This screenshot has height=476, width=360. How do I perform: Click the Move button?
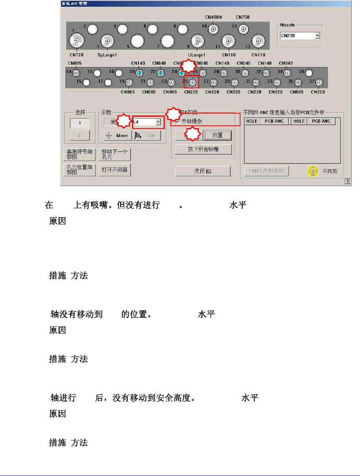tap(117, 135)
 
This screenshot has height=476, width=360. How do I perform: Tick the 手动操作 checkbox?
tap(177, 121)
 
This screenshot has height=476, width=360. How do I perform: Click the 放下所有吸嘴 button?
tap(203, 149)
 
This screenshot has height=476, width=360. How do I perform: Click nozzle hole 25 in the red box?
tap(192, 83)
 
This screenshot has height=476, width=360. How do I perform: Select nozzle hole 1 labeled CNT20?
tap(76, 39)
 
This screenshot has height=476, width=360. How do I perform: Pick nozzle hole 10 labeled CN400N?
tap(214, 29)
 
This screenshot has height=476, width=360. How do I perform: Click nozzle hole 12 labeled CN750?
tap(243, 29)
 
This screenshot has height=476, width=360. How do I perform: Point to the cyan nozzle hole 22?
tap(160, 73)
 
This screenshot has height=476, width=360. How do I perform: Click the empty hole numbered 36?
tap(309, 73)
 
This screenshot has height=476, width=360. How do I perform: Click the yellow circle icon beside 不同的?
tap(313, 172)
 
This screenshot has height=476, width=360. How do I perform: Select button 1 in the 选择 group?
tap(79, 123)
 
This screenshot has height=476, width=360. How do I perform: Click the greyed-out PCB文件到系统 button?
tap(267, 171)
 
